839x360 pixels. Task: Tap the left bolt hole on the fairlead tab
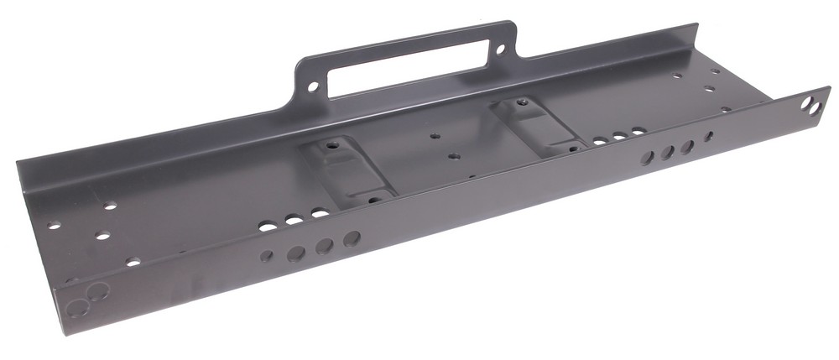tap(314, 86)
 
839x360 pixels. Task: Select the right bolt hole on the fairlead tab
tap(501, 50)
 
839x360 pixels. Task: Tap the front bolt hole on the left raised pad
tap(373, 197)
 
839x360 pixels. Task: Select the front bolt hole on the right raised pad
tap(575, 148)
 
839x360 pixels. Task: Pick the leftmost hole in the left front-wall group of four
tap(266, 256)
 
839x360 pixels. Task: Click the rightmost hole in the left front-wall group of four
tap(352, 238)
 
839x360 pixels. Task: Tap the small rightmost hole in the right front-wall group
tap(709, 135)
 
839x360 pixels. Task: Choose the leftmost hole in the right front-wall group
tap(647, 158)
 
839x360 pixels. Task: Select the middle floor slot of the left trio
tap(294, 220)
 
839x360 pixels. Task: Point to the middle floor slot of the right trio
tap(619, 135)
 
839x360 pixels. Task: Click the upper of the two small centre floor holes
tap(434, 134)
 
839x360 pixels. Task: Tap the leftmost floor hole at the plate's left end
tap(55, 225)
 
